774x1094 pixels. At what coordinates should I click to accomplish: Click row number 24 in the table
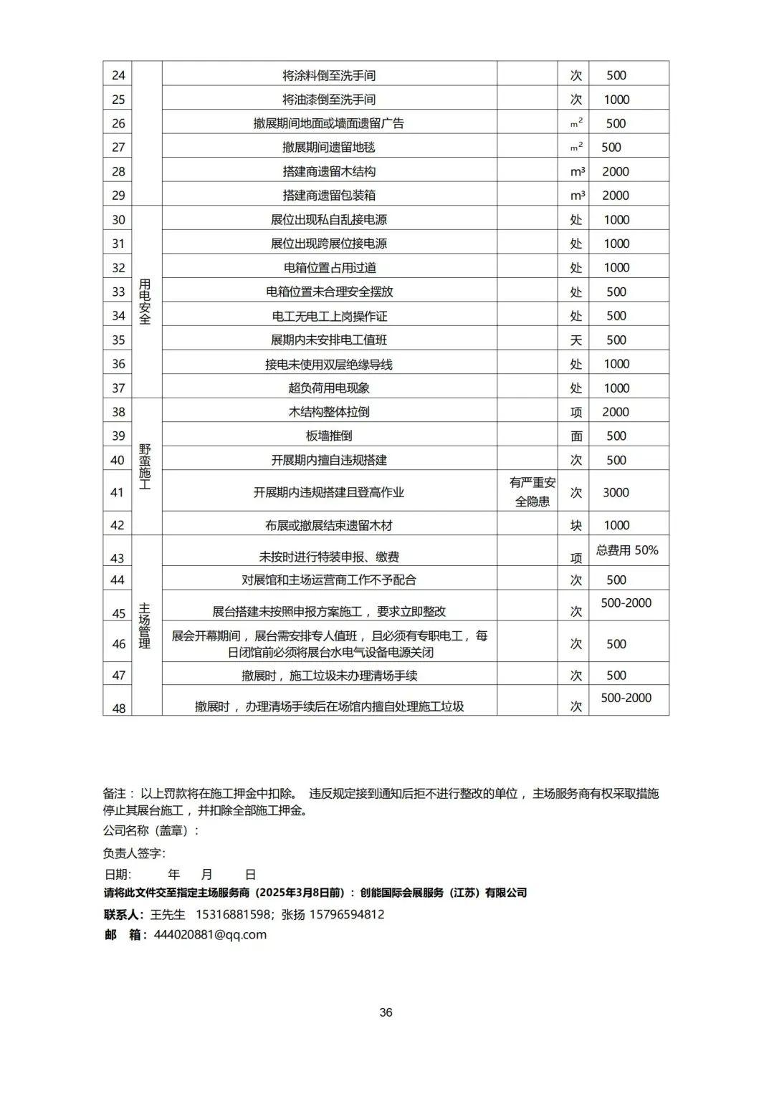coord(118,75)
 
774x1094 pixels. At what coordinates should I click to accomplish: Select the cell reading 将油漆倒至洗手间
coord(329,100)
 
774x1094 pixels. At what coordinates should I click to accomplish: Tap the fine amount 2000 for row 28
coord(616,171)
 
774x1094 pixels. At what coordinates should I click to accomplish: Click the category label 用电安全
coord(145,302)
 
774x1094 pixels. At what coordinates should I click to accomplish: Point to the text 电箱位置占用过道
coord(329,268)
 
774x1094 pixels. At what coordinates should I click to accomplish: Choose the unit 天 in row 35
coord(575,340)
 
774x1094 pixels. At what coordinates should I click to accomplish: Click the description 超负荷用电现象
coord(329,388)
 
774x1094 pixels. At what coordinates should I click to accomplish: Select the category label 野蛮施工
coord(145,467)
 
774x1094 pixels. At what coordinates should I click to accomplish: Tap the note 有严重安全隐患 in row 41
coord(532,492)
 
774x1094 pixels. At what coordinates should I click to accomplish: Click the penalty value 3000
coord(616,492)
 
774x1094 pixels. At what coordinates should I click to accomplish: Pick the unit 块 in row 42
coord(575,525)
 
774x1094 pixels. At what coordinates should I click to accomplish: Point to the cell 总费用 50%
coord(627,550)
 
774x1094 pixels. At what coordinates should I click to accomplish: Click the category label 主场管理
coord(145,626)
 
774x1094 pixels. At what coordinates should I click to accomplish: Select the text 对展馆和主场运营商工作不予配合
coord(329,580)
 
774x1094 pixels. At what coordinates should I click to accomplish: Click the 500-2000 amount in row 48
coord(626,698)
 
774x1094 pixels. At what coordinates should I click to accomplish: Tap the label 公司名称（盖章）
coord(150,831)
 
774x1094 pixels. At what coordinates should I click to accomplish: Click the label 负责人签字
coord(134,853)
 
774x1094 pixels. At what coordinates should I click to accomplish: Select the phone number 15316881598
coord(233,915)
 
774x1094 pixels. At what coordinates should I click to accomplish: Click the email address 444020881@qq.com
coord(210,935)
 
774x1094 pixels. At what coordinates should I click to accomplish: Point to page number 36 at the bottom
coord(386,1012)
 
